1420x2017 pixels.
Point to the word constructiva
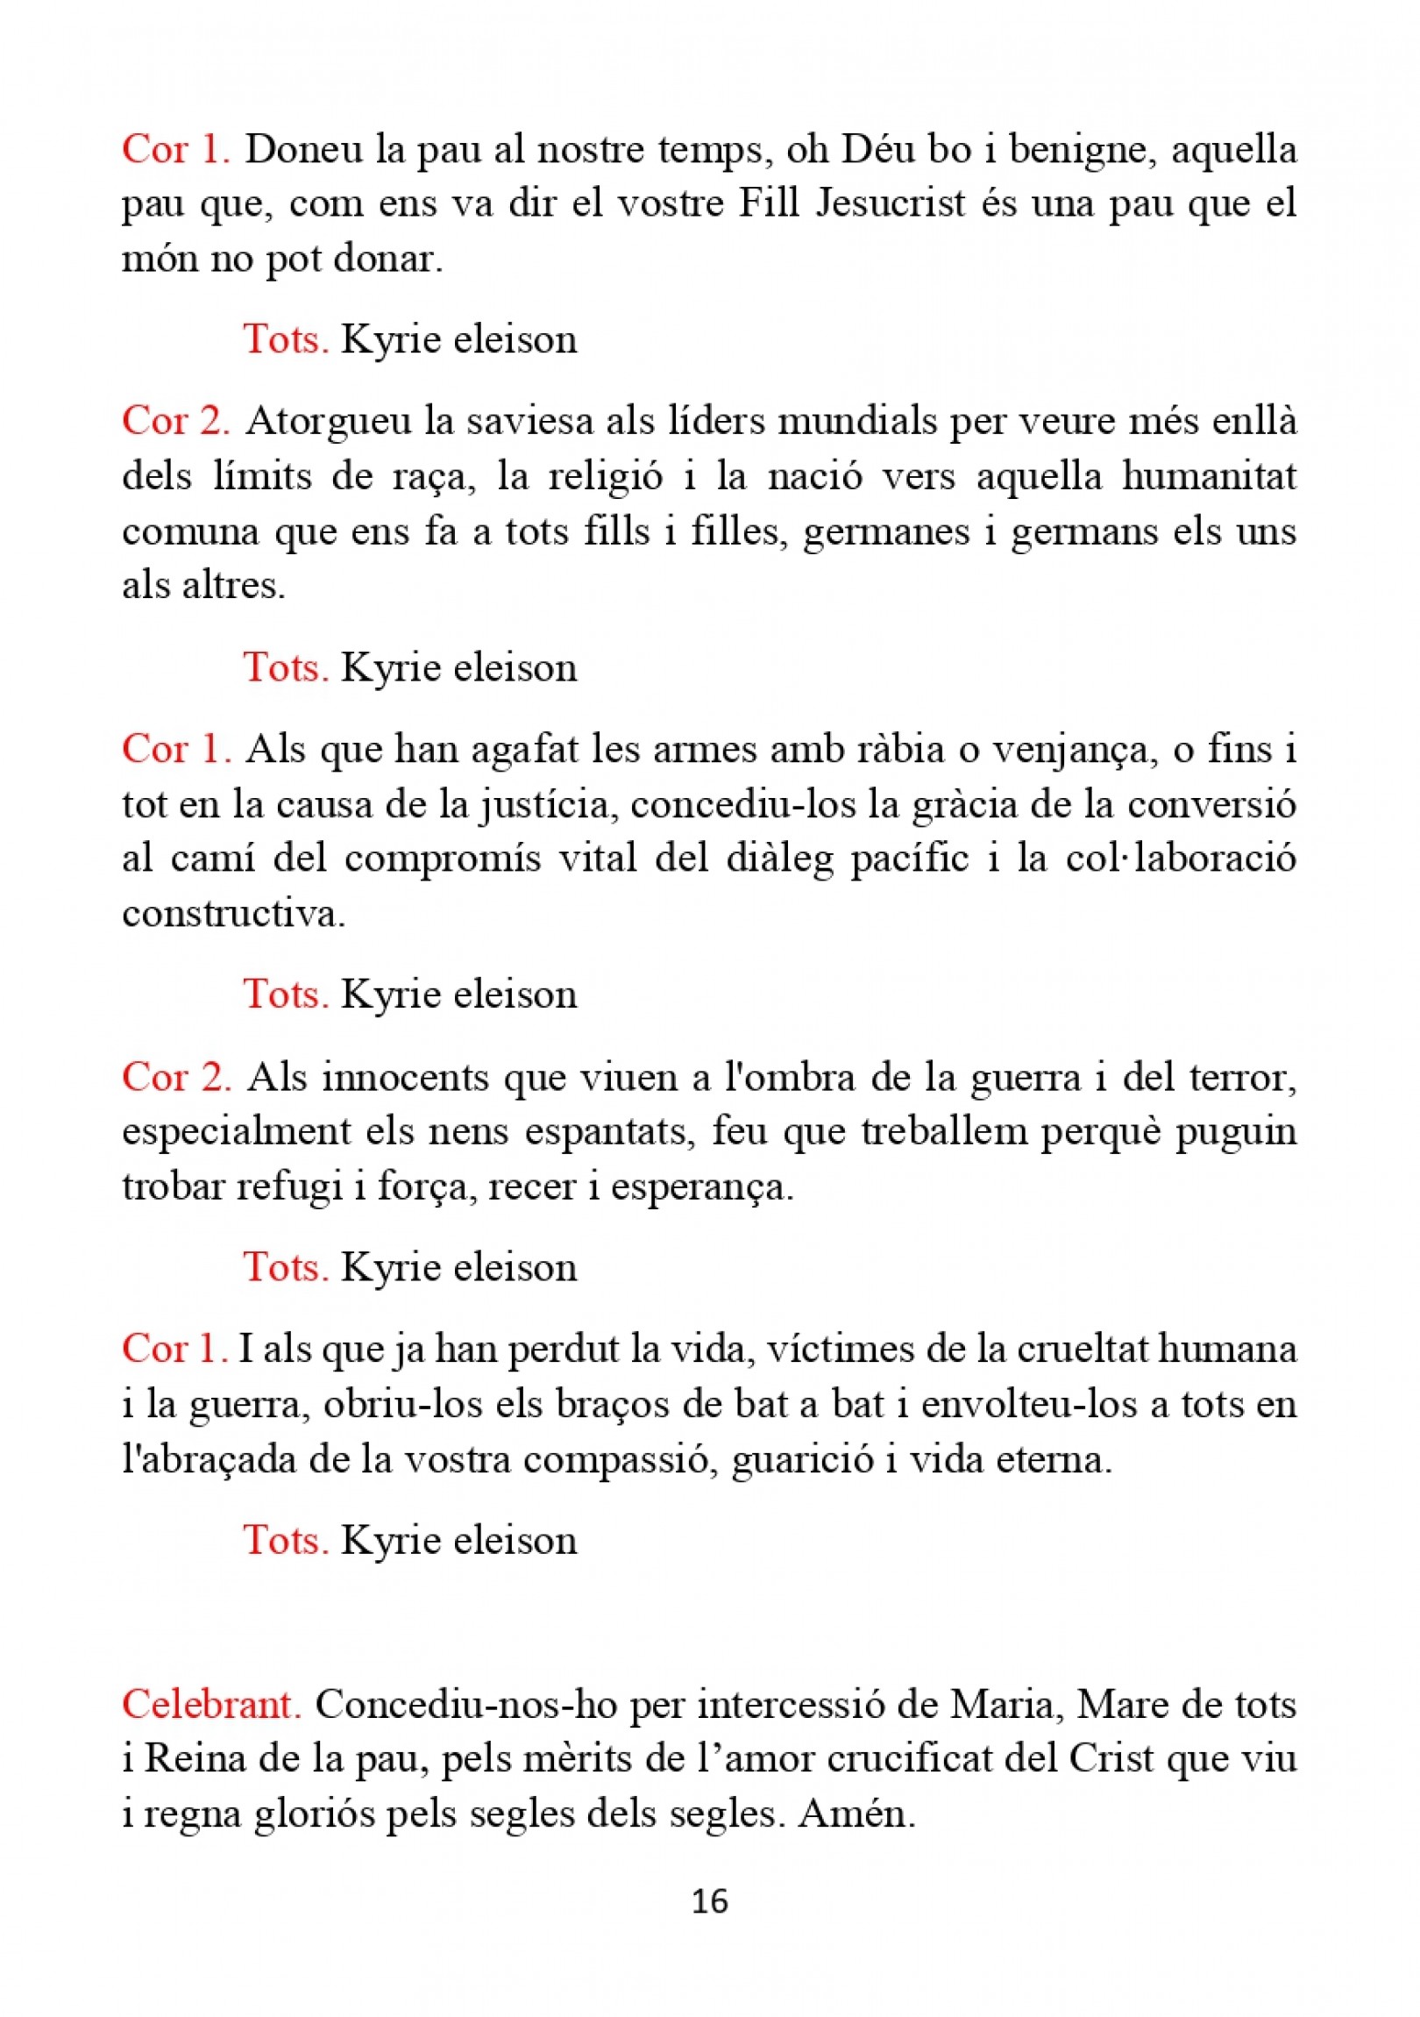(x=233, y=915)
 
